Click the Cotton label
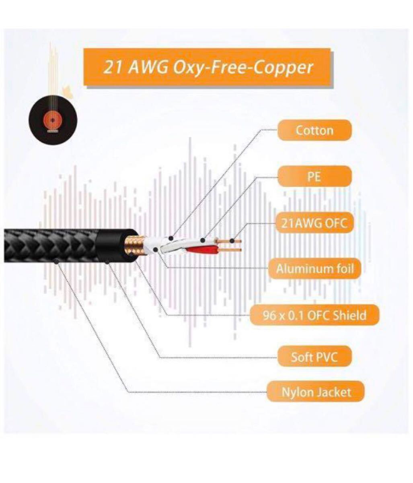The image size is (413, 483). [x=314, y=130]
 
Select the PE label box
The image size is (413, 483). [x=314, y=176]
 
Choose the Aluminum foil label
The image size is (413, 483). [x=314, y=268]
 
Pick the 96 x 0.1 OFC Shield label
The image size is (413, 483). [x=314, y=315]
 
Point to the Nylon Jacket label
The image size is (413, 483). [x=316, y=392]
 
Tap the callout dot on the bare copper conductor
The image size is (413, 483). [x=232, y=241]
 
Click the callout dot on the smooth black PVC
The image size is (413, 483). [x=107, y=262]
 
